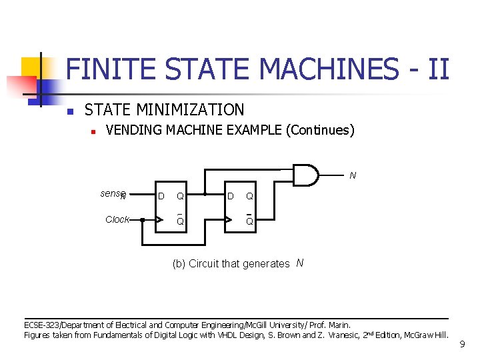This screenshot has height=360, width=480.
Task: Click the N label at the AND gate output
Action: pos(353,176)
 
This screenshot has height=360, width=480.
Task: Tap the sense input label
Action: pos(113,194)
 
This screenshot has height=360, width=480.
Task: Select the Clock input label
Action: pos(117,219)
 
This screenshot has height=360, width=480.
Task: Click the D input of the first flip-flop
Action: pos(161,196)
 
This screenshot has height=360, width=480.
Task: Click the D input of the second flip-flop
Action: pos(230,196)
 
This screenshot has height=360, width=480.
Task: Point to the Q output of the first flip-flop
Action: pos(180,196)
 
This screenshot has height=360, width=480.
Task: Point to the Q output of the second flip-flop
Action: pos(249,196)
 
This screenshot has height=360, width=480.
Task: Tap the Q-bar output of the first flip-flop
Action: pos(180,221)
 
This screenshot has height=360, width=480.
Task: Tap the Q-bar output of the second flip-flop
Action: pos(249,221)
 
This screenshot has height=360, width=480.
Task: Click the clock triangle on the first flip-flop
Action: pos(158,219)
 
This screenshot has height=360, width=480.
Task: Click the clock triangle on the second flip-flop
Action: pos(228,219)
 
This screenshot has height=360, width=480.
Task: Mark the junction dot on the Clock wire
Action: pos(142,219)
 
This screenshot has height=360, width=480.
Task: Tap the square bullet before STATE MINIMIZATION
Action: pos(69,111)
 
